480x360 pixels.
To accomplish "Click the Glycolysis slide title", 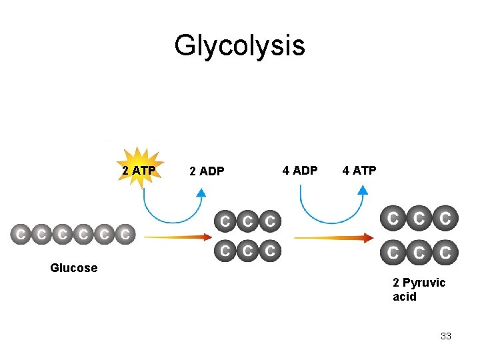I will click(239, 46).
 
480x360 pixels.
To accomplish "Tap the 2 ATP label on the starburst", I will click(139, 171).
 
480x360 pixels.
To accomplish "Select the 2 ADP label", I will click(207, 171).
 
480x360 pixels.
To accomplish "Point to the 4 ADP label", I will click(300, 170).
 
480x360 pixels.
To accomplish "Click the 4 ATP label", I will click(359, 170).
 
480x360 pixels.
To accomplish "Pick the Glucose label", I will click(73, 268).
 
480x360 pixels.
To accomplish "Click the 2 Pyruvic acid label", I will click(419, 289).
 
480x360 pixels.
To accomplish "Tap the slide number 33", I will click(446, 336).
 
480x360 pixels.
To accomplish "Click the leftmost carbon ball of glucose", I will click(21, 235).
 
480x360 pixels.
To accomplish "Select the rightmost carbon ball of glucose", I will click(125, 235).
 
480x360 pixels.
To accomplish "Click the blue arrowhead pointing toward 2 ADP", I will click(201, 192).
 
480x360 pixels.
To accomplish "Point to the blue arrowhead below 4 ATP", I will click(362, 189).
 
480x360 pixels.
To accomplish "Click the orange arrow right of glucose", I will click(176, 236).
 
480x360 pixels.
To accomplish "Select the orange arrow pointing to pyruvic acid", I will click(333, 237).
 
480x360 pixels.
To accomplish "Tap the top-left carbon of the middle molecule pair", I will click(225, 220).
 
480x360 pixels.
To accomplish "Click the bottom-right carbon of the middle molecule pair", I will click(269, 251).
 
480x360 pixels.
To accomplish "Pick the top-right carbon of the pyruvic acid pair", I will click(445, 218).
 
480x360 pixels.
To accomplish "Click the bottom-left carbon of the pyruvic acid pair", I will click(393, 253).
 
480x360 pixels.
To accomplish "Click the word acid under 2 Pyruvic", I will click(405, 297).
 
